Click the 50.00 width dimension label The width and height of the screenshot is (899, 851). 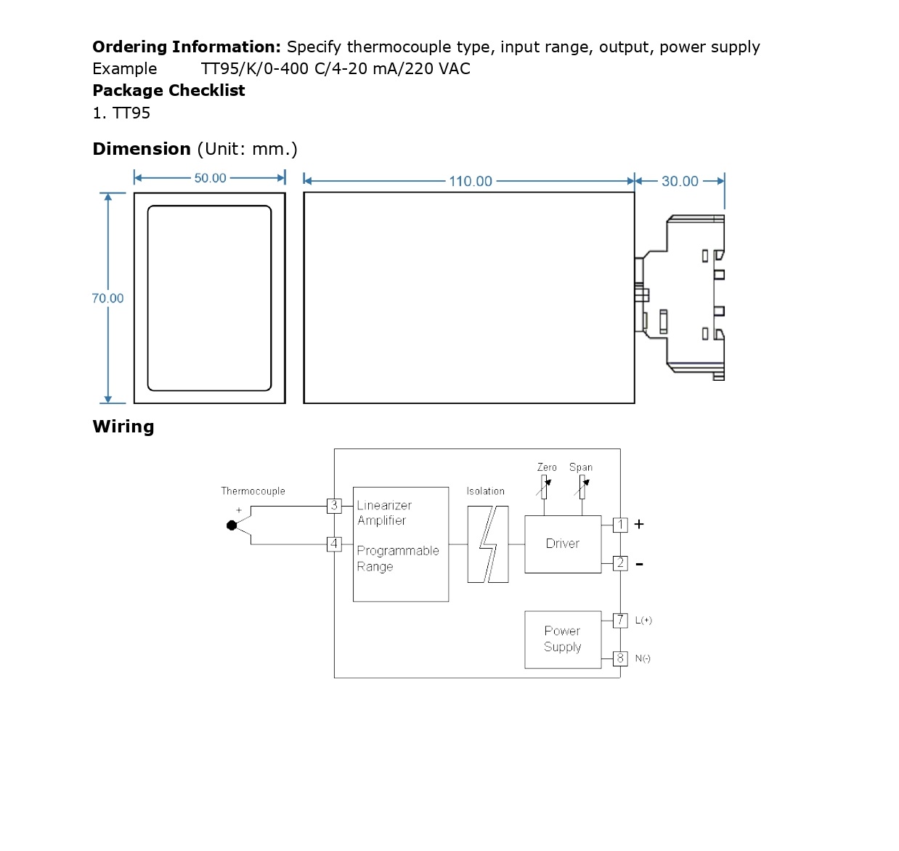point(210,177)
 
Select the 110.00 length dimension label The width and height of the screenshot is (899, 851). point(470,181)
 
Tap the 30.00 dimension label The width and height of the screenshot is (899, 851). point(680,181)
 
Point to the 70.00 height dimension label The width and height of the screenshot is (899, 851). point(107,298)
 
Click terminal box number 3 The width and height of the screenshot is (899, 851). point(334,505)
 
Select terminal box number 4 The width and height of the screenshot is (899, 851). point(334,544)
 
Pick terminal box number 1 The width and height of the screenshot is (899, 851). point(620,525)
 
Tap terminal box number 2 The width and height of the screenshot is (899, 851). point(620,562)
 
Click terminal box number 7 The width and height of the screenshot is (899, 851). point(620,621)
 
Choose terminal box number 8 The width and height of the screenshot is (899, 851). point(620,658)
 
